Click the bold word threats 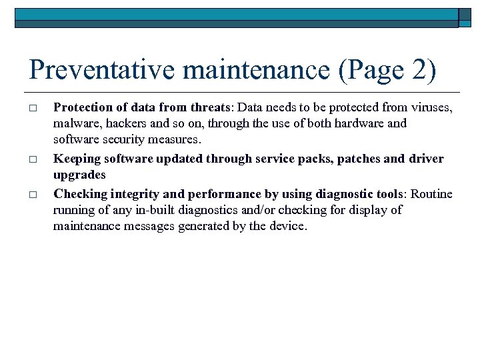point(210,107)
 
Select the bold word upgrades point(79,175)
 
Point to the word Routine point(432,195)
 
